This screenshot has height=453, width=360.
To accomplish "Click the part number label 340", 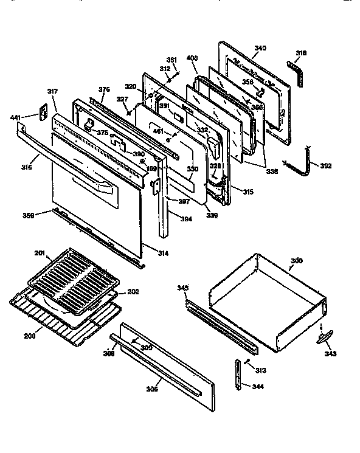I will pos(260,48).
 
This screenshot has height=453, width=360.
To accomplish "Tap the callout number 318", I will pos(300,54).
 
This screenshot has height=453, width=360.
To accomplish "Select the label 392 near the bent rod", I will pos(325,165).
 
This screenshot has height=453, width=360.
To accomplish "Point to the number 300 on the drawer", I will pos(296,261).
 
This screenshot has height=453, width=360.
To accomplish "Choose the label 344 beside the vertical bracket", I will pos(259,386).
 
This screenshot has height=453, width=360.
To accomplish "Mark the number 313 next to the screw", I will pos(261,370).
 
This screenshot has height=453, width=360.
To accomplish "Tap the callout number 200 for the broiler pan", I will pos(29,335).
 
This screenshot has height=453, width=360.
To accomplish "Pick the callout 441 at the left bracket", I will pos(16,117).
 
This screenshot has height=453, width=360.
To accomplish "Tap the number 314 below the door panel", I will pos(163,252).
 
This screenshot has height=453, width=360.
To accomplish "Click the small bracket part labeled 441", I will pos(44,113).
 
